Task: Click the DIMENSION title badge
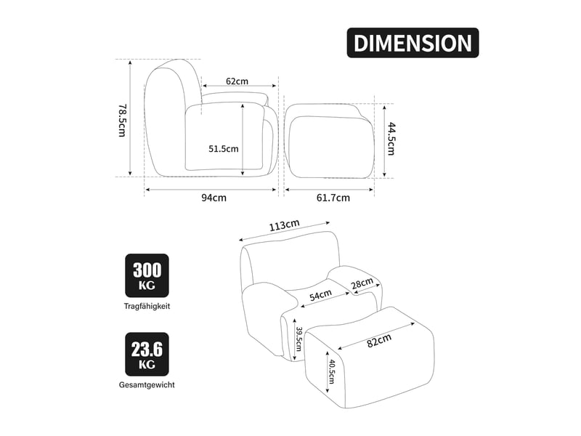tap(413, 43)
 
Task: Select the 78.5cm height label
tap(122, 120)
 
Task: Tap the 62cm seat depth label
tap(237, 81)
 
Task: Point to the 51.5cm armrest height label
tap(224, 149)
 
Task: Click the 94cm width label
tap(214, 198)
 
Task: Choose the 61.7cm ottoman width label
tap(333, 198)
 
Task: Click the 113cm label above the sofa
tap(284, 225)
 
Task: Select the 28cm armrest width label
tap(362, 283)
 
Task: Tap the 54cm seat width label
tap(320, 295)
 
